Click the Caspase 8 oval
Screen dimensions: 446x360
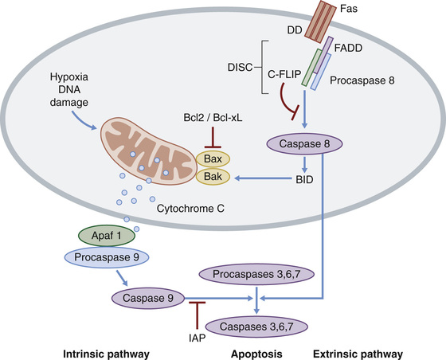click(304, 143)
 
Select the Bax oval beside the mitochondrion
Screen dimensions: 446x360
click(213, 158)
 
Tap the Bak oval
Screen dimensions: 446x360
click(213, 177)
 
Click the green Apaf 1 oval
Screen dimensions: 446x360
click(107, 236)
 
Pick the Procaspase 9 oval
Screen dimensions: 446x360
click(107, 257)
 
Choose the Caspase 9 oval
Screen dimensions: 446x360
click(148, 298)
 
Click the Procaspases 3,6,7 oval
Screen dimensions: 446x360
click(256, 275)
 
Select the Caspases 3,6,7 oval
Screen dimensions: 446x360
click(256, 327)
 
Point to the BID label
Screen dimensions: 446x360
click(304, 180)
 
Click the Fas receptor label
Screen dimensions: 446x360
click(349, 9)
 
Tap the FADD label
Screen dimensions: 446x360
click(348, 48)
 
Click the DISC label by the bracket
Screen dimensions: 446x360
click(240, 68)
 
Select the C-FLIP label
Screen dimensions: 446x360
click(284, 74)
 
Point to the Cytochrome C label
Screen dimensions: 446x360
click(190, 209)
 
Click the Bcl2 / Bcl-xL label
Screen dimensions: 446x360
click(213, 117)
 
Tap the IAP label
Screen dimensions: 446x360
click(197, 338)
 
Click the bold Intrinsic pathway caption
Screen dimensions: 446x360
click(106, 354)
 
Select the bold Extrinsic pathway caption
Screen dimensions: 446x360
click(358, 354)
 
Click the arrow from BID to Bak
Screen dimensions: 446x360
click(263, 178)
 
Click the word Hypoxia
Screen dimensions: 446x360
click(69, 77)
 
